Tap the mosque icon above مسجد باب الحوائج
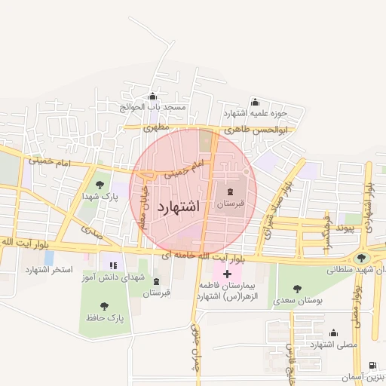pos(153,96)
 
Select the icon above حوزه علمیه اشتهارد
pos(254,103)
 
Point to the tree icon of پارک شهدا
pos(98,184)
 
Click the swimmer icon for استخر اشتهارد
pos(49,258)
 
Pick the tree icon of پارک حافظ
pos(104,306)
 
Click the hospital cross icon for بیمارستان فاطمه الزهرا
pos(228,274)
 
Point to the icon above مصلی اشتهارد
pos(332,332)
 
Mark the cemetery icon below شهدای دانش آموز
pos(156,281)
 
